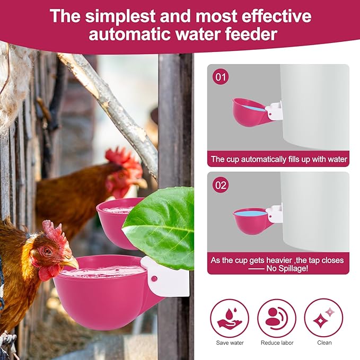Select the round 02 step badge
tap(221, 186)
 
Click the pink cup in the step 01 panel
tap(249, 112)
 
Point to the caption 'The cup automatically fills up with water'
tap(278, 159)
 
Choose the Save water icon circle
tap(230, 318)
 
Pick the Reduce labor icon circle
tap(277, 318)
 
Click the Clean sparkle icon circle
tap(323, 318)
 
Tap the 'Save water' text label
tap(230, 343)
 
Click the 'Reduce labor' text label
tap(277, 343)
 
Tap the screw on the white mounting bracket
tap(154, 278)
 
